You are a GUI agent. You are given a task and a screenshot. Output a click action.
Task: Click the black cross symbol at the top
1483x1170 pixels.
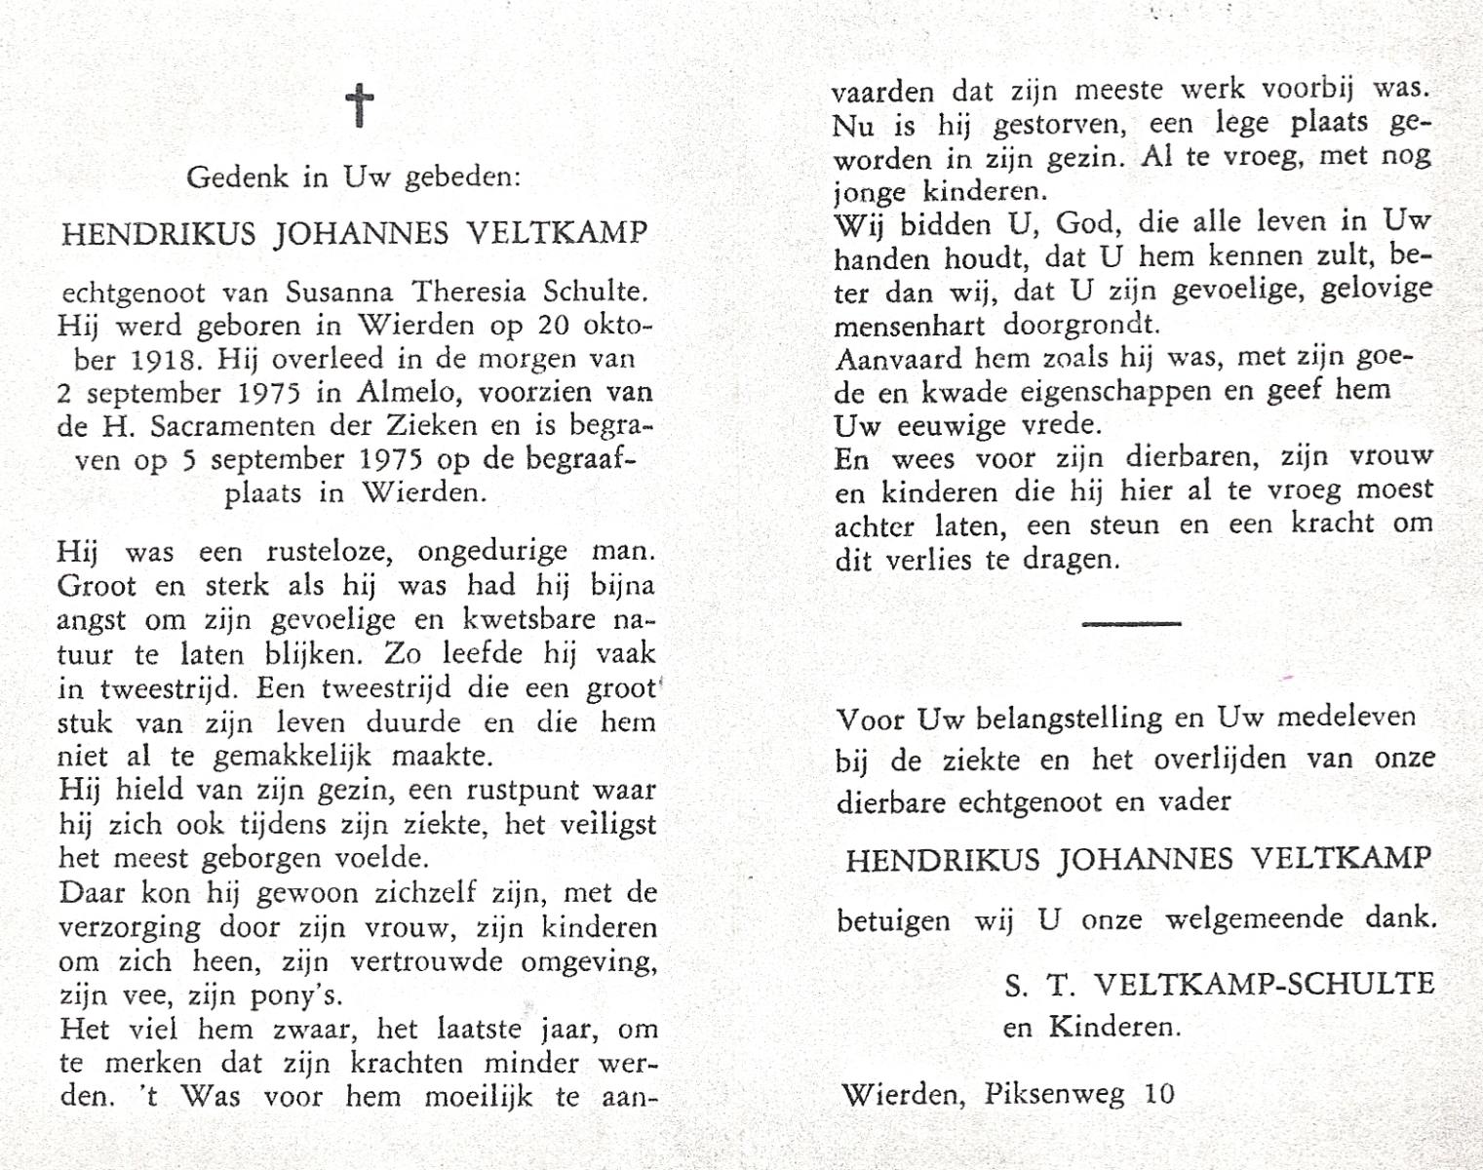pyautogui.click(x=360, y=105)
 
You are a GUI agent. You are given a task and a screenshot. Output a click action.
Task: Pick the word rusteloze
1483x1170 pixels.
pyautogui.click(x=330, y=552)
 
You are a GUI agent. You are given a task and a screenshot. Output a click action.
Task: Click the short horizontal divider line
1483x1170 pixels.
pyautogui.click(x=1131, y=623)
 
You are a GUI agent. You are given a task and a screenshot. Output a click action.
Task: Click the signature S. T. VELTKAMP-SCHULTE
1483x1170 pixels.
pyautogui.click(x=1220, y=984)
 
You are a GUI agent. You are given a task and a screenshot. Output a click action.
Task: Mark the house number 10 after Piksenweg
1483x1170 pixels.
pyautogui.click(x=1160, y=1093)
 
